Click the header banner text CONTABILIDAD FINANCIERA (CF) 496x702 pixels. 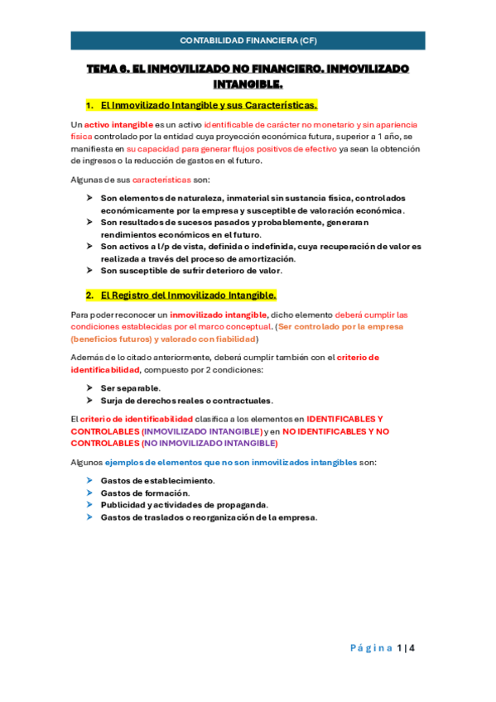(x=248, y=40)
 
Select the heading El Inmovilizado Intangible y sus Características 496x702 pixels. (x=208, y=106)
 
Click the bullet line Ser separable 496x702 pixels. (x=130, y=387)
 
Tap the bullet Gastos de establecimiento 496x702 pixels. (x=157, y=481)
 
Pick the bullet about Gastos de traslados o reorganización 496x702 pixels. (x=209, y=517)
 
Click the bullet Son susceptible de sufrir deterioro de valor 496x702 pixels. (x=191, y=270)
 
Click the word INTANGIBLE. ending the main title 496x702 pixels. (x=248, y=84)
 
